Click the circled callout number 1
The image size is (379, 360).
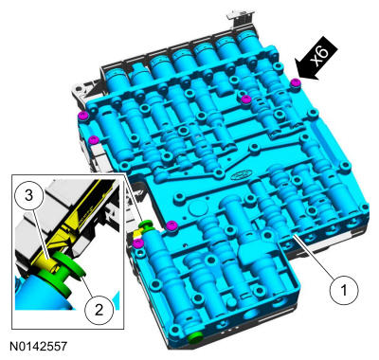tap(344, 290)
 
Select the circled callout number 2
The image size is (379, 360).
tap(99, 310)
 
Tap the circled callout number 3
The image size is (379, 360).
tap(28, 195)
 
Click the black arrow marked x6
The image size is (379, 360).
tap(316, 60)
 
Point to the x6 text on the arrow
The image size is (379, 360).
tap(320, 56)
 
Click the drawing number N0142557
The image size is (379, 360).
tap(38, 346)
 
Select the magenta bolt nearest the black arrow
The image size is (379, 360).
tap(296, 81)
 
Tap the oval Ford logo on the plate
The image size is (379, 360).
tap(241, 174)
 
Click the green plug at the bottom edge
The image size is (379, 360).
tap(195, 337)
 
